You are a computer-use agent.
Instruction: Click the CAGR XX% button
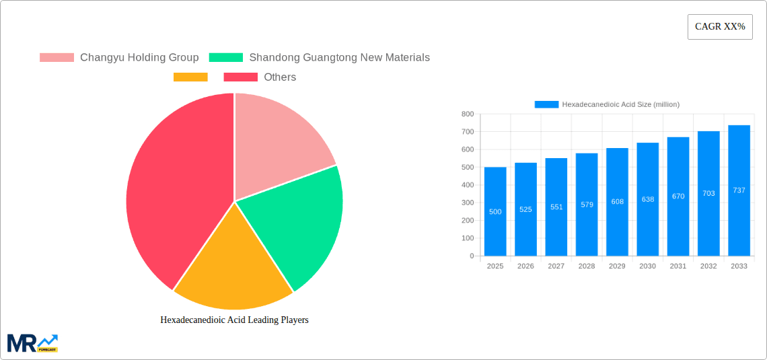point(720,27)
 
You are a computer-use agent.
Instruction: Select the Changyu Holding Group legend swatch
point(57,57)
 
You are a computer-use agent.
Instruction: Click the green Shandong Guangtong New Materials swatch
point(226,57)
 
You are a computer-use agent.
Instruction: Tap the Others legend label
point(280,77)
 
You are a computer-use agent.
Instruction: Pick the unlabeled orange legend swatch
point(190,77)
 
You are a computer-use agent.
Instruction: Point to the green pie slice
point(296,222)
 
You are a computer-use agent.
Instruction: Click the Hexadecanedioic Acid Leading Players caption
point(234,320)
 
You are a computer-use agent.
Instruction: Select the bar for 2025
point(495,211)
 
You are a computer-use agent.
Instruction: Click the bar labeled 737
point(739,190)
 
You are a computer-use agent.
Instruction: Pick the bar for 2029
point(617,202)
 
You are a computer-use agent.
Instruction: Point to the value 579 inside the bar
point(587,205)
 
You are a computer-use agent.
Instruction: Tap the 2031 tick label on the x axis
point(678,266)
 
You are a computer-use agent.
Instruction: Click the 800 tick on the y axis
point(468,114)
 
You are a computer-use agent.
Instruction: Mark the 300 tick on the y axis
point(468,203)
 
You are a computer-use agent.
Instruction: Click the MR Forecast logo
point(32,343)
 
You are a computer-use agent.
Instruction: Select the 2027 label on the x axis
point(556,266)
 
